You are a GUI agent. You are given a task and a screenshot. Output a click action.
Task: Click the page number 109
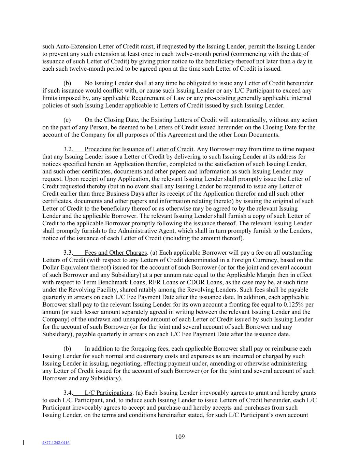(x=180, y=437)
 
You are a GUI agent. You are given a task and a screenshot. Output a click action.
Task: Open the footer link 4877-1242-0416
(x=56, y=443)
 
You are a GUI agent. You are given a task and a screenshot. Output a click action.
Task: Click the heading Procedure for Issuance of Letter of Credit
(x=139, y=149)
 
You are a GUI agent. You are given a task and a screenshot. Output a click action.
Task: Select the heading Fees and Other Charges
(x=116, y=253)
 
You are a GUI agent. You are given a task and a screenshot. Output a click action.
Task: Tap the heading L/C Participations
(x=108, y=393)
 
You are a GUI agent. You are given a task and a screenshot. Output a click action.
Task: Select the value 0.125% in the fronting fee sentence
(x=295, y=305)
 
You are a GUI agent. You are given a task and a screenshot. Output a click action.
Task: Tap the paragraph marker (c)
(x=67, y=120)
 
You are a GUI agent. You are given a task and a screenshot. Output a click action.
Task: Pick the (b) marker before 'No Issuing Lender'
(x=67, y=83)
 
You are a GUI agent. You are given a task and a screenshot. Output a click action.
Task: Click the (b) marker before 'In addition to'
(x=67, y=349)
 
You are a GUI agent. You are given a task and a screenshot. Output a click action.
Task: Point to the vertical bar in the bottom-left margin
(x=23, y=443)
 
